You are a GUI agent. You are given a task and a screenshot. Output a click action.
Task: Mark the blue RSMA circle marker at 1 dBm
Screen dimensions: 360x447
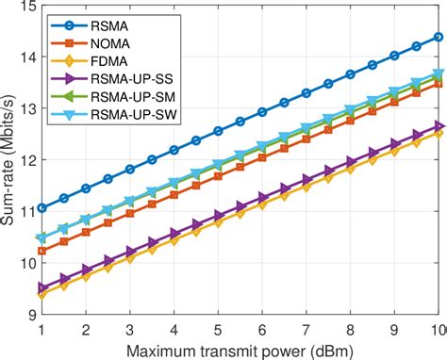(x=42, y=207)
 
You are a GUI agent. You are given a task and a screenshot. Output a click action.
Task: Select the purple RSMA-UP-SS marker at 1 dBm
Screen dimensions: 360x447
(x=42, y=286)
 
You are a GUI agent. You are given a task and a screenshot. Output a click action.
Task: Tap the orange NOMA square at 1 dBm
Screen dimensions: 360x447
(x=42, y=251)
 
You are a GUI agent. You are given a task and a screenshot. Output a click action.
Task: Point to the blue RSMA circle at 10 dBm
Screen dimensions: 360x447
(x=438, y=38)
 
